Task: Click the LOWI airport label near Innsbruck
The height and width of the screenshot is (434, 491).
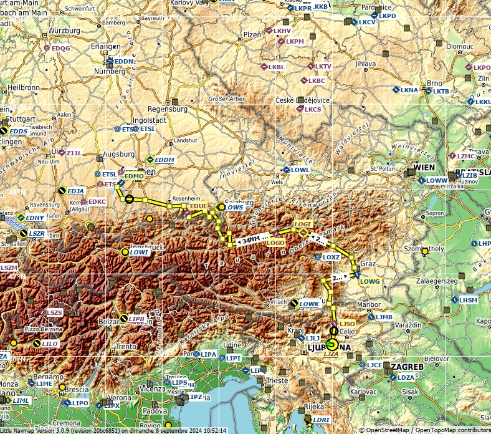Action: (x=140, y=253)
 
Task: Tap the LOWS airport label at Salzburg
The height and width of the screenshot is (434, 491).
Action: (x=234, y=207)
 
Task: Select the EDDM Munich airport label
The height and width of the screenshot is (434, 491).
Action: (x=164, y=160)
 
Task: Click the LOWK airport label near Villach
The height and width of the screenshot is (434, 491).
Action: (x=309, y=304)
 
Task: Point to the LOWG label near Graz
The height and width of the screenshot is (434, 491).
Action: (x=369, y=282)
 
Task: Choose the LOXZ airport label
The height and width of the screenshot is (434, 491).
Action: (x=331, y=257)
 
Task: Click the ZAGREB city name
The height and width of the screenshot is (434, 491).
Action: (x=407, y=367)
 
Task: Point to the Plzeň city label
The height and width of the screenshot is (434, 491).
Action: (x=252, y=35)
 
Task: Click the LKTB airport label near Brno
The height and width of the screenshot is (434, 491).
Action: (x=441, y=91)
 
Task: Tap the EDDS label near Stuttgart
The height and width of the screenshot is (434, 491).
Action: (x=19, y=132)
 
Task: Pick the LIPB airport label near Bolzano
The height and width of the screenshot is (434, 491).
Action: (x=136, y=319)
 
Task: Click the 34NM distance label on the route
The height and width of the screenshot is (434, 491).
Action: (x=252, y=239)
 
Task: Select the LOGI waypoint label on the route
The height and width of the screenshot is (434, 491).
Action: (x=302, y=224)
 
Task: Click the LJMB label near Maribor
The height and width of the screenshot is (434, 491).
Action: (x=384, y=317)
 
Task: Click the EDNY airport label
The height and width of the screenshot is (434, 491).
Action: (x=35, y=218)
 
